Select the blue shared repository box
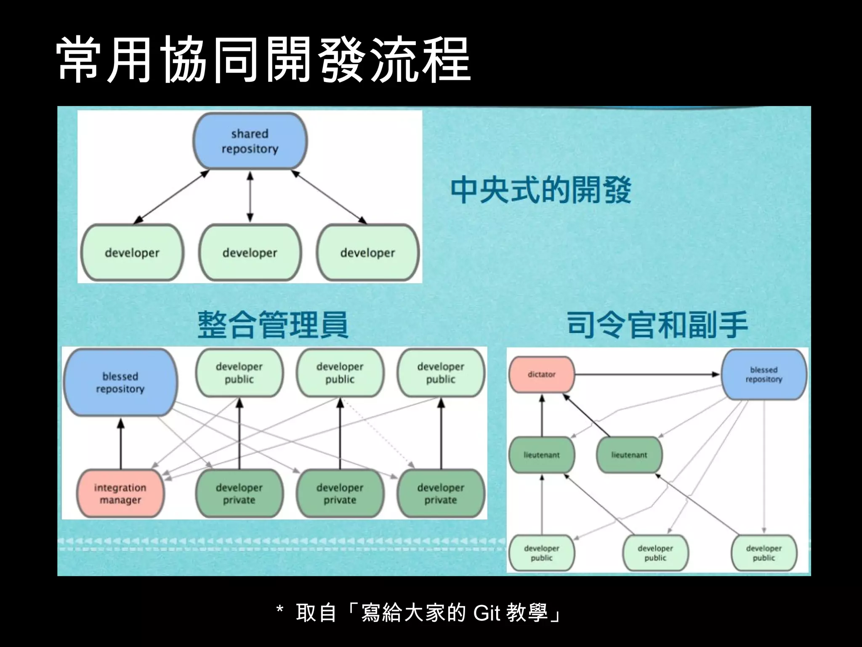(x=250, y=141)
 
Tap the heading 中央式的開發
(x=540, y=190)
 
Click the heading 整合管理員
(x=273, y=325)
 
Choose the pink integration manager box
(x=120, y=494)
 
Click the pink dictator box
(x=542, y=374)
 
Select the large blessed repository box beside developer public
(x=120, y=382)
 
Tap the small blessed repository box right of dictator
(x=764, y=374)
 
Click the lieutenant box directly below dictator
(x=542, y=455)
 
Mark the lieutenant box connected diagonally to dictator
(x=629, y=455)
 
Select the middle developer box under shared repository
(x=250, y=253)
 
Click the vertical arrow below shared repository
(x=250, y=196)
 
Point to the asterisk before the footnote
(x=280, y=610)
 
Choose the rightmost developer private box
(x=441, y=494)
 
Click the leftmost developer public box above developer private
(x=239, y=373)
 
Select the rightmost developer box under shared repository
(x=367, y=253)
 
